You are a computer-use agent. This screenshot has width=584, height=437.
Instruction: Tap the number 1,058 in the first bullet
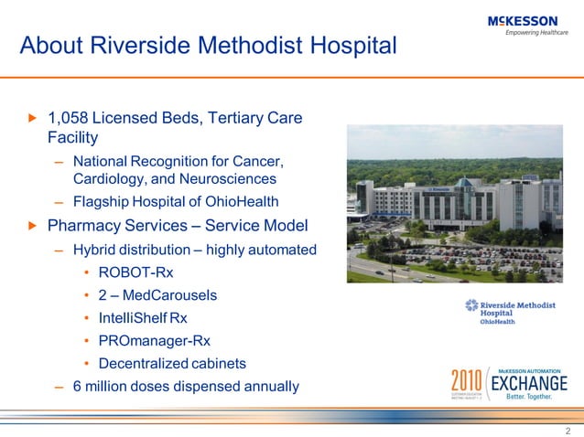point(71,118)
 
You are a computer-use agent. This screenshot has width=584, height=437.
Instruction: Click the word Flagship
point(104,202)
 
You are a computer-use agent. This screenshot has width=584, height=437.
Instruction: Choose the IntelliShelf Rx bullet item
point(143,318)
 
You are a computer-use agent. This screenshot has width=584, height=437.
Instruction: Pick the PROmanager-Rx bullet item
point(147,341)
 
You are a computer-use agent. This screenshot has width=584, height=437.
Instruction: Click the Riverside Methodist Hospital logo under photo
point(503,311)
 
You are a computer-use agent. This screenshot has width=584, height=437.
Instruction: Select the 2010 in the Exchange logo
point(468,382)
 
